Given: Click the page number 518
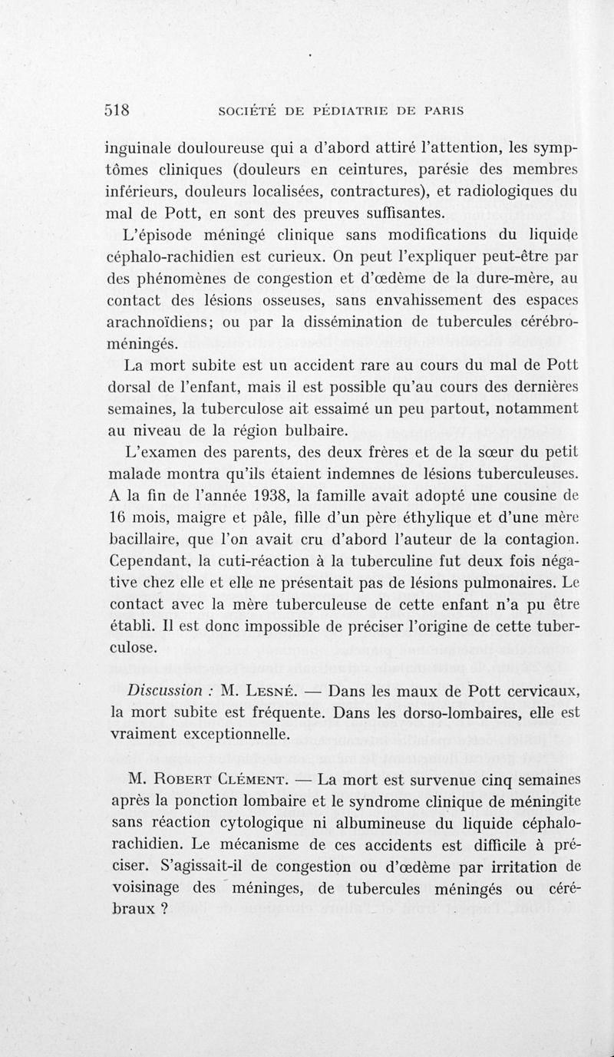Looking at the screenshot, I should [120, 109].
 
